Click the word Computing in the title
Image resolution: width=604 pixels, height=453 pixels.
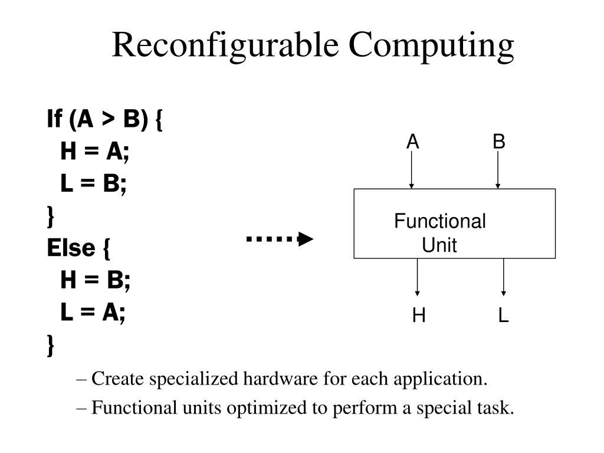[x=431, y=46]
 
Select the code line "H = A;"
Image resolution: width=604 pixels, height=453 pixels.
[x=95, y=152]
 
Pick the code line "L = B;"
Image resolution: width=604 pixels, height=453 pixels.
[x=93, y=185]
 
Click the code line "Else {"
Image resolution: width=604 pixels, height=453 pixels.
[x=78, y=248]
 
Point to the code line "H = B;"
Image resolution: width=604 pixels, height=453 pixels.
[x=95, y=281]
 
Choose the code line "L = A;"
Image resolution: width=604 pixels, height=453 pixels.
[x=93, y=313]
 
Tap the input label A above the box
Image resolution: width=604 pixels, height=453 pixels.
[x=412, y=142]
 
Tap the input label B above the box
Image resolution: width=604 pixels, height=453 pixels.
[x=499, y=142]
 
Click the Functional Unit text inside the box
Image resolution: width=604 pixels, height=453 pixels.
[x=440, y=233]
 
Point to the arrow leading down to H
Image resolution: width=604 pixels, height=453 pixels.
[x=418, y=277]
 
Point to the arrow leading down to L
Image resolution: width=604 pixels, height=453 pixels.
[x=503, y=277]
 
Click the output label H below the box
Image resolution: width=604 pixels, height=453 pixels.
[x=419, y=317]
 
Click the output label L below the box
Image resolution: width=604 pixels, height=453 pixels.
[x=503, y=317]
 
